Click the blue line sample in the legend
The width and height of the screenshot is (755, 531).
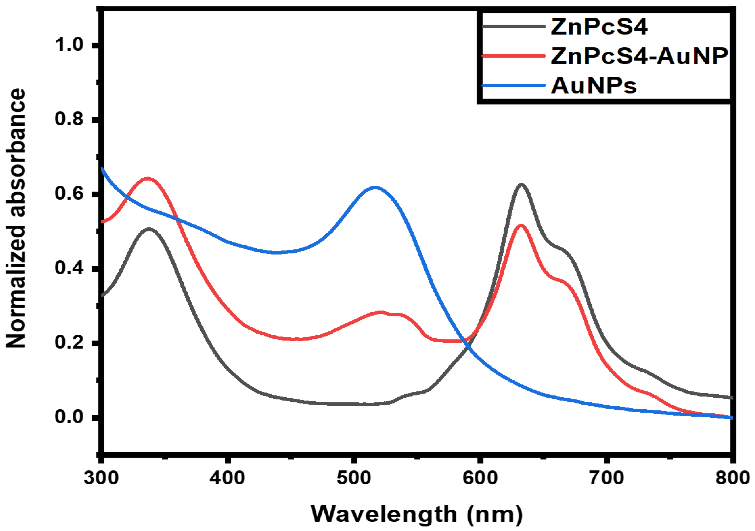point(513,85)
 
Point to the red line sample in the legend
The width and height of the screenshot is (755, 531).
point(513,56)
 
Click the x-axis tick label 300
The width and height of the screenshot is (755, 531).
point(101,478)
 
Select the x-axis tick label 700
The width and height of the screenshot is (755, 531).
point(606,478)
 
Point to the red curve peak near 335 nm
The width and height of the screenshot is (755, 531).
point(147,179)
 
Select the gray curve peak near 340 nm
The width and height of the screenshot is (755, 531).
point(150,229)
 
